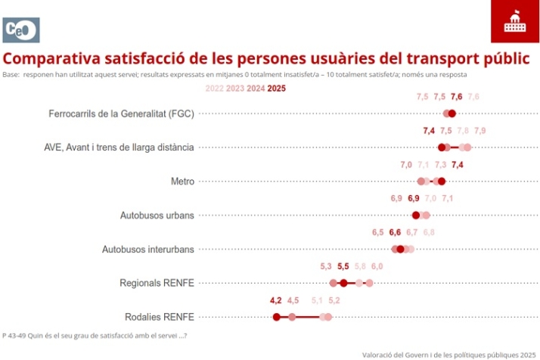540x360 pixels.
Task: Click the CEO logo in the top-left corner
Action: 21,29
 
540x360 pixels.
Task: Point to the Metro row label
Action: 183,182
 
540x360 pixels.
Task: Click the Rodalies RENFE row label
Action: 159,317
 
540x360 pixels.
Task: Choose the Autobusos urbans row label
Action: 157,216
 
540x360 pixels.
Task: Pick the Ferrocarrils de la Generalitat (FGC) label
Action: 121,114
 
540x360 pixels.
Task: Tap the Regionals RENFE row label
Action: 157,283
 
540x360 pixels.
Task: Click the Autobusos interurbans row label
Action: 147,249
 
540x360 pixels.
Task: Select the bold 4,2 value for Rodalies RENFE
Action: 276,300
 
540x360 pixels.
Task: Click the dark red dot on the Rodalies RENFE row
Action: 277,317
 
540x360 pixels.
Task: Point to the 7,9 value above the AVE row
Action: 479,131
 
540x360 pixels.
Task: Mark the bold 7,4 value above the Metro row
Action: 457,165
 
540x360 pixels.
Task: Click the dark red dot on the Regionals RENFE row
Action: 343,283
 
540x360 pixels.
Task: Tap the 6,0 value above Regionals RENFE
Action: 377,266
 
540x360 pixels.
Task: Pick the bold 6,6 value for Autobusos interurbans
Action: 395,232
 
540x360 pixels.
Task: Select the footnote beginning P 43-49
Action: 94,335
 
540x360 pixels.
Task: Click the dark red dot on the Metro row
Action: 442,182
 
